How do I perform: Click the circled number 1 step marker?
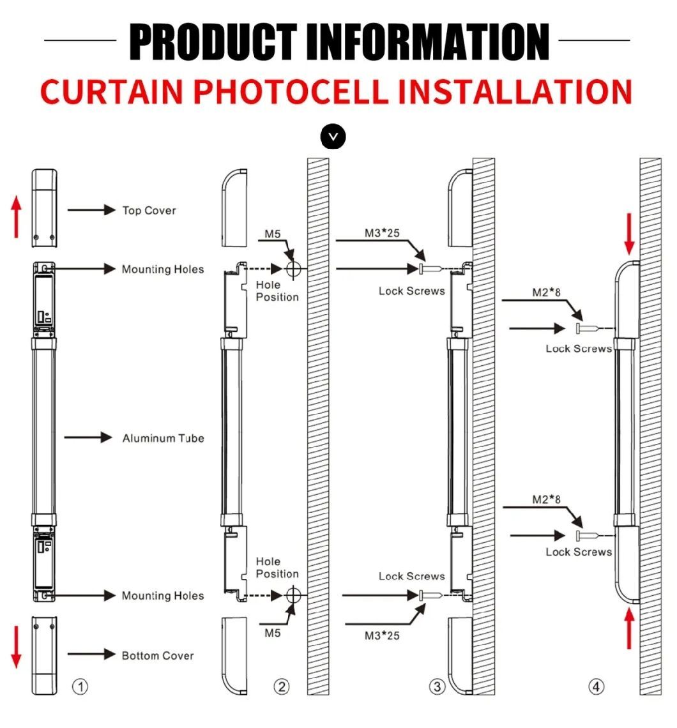coord(80,686)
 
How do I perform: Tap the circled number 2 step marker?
coord(282,686)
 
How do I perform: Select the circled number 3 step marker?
coord(437,686)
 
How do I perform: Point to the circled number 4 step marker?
coord(596,686)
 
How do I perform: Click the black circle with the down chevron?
coord(333,137)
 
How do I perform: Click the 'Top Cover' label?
coord(149,210)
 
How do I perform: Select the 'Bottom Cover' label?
coord(158,656)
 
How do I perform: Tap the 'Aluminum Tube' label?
coord(163,438)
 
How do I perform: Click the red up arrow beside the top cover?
coord(17,216)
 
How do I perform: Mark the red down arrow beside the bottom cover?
coord(17,647)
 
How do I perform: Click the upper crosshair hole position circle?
coord(293,268)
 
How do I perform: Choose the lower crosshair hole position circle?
coord(293,595)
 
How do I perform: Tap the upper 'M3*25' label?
coord(382,232)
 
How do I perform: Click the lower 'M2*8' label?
coord(546,499)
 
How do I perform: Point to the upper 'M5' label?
coord(273,234)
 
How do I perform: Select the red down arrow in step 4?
coord(629,234)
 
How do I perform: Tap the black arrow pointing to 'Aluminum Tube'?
coord(87,437)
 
